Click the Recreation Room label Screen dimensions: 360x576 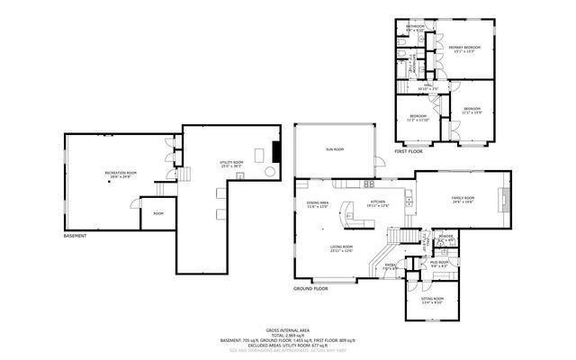(120, 175)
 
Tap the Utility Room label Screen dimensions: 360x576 (231, 164)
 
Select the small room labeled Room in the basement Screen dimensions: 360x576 (158, 213)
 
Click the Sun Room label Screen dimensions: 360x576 (335, 149)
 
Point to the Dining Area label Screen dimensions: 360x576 (317, 204)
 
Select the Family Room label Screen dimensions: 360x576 (463, 199)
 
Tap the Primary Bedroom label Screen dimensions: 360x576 (465, 49)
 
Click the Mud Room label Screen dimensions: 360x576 (438, 264)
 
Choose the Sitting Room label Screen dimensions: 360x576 (433, 300)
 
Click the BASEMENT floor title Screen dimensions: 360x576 (76, 236)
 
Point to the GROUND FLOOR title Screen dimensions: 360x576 (310, 288)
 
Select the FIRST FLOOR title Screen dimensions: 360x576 (409, 152)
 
